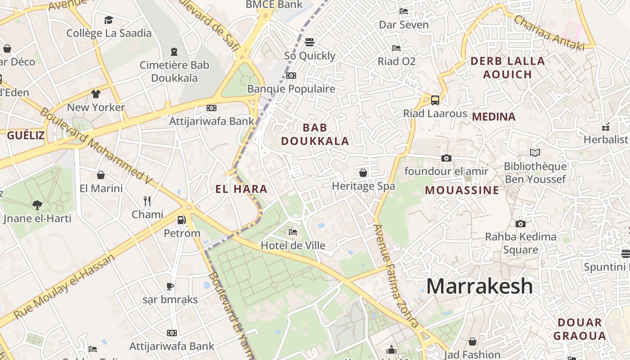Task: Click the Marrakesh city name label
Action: coord(479,286)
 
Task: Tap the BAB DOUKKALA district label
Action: coord(315,134)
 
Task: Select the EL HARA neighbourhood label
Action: coord(241,189)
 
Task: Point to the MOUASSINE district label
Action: coord(462,190)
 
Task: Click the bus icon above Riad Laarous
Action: coord(435,100)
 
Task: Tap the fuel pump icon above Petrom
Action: coord(181,220)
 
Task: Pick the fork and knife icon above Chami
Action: coord(147,201)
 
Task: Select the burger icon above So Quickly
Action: coord(309,42)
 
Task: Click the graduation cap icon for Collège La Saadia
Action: coord(108,20)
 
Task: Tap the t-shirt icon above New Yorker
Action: coord(95,94)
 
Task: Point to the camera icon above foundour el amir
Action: coord(446,158)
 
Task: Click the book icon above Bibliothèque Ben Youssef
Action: coord(535,153)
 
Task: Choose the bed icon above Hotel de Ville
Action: coord(293,232)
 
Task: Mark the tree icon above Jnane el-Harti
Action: coord(37,205)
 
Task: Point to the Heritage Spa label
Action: coord(363,186)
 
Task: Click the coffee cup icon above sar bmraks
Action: coord(170,286)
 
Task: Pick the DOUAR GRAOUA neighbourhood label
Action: coord(580,329)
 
